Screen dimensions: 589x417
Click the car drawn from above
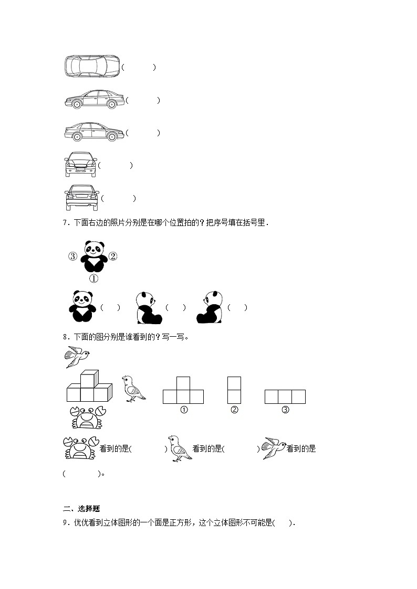click(92, 67)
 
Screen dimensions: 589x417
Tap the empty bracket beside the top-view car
click(139, 67)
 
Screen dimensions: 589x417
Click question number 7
click(65, 222)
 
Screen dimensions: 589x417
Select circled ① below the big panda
click(93, 279)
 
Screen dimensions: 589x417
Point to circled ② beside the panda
click(113, 256)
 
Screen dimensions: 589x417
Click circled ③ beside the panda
click(73, 256)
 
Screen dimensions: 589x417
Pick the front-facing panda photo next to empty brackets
click(81, 306)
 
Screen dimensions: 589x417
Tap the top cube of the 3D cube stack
click(90, 379)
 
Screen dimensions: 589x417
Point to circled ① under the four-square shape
click(184, 410)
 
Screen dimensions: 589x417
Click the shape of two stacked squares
click(234, 390)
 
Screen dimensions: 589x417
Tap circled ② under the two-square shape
click(234, 410)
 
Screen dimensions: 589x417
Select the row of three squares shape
click(285, 397)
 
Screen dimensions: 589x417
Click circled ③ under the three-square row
click(285, 410)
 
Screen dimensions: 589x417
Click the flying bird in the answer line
click(274, 448)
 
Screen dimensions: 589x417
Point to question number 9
click(65, 522)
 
